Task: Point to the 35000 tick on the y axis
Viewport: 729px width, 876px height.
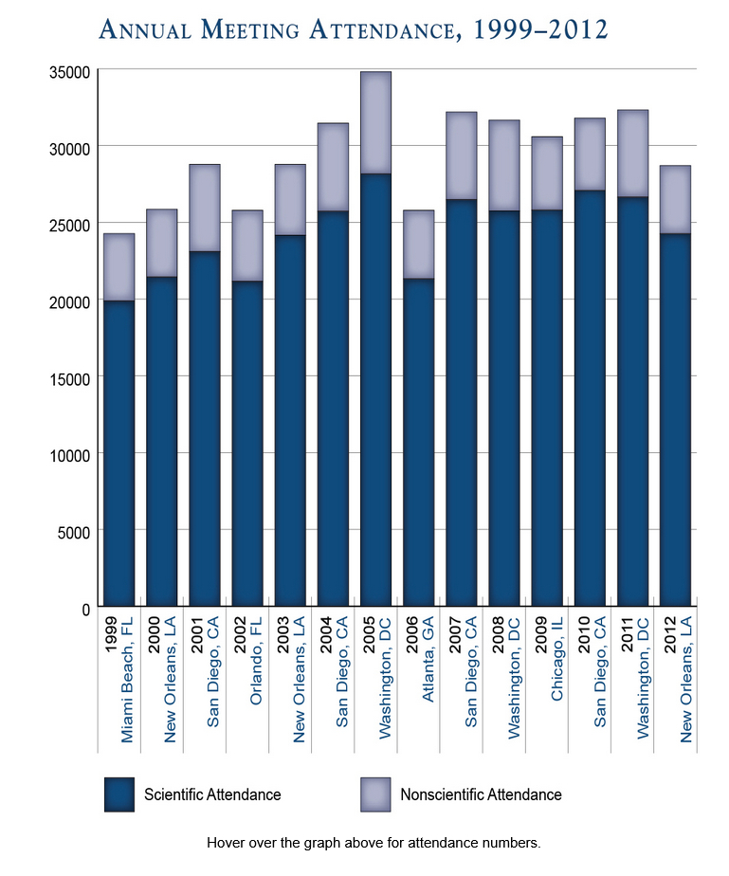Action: coord(68,71)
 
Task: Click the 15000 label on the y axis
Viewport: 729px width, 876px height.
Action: coord(68,377)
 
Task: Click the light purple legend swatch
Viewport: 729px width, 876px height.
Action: coord(376,794)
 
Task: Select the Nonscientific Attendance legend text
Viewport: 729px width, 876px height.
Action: coord(481,794)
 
